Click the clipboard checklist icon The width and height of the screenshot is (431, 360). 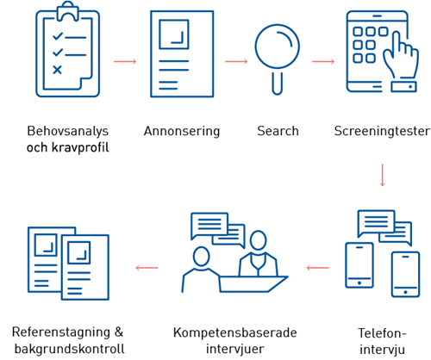pyautogui.click(x=68, y=49)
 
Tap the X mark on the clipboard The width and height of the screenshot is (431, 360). pyautogui.click(x=57, y=70)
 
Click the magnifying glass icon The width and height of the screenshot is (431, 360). pyautogui.click(x=278, y=59)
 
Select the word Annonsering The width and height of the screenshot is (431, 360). pyautogui.click(x=182, y=131)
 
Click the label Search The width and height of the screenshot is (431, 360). pyautogui.click(x=278, y=131)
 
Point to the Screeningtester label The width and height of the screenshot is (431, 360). pyautogui.click(x=382, y=131)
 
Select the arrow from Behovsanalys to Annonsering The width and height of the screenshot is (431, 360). pyautogui.click(x=125, y=61)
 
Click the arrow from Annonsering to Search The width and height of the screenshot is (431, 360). pyautogui.click(x=236, y=61)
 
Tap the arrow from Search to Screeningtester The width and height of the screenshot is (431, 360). pyautogui.click(x=323, y=61)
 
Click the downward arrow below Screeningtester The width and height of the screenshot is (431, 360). pyautogui.click(x=382, y=175)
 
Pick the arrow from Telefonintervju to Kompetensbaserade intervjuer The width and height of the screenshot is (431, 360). pyautogui.click(x=318, y=268)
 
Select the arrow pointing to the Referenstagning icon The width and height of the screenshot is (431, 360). pyautogui.click(x=147, y=268)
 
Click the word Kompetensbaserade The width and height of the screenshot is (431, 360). pyautogui.click(x=235, y=333)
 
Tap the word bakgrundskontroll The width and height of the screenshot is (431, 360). pyautogui.click(x=70, y=349)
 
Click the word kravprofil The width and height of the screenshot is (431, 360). pyautogui.click(x=80, y=148)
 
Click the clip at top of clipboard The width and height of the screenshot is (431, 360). pyautogui.click(x=68, y=11)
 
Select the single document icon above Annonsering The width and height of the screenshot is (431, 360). pyautogui.click(x=182, y=54)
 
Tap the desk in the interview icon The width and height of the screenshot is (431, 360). pyautogui.click(x=253, y=284)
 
